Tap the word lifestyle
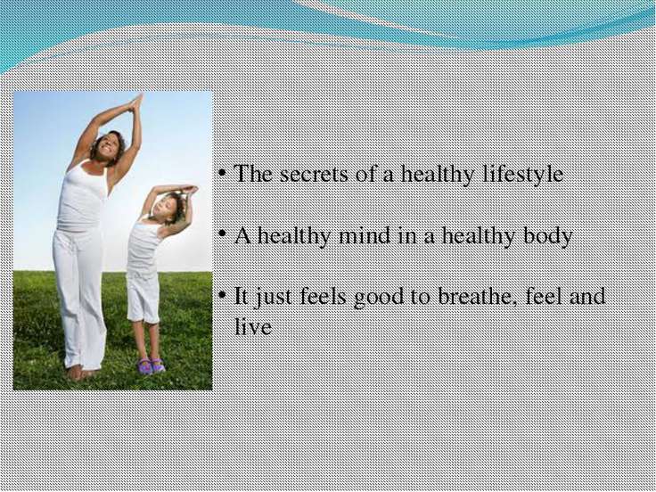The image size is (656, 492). [523, 174]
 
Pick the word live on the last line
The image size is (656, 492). [253, 326]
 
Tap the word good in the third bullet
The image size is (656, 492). [380, 298]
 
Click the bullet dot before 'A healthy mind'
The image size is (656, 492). [223, 234]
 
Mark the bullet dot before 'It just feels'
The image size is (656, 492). [223, 295]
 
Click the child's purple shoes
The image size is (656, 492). [152, 366]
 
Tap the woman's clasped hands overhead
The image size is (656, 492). [136, 102]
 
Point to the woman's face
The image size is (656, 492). [108, 146]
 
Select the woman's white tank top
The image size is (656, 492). [82, 197]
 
